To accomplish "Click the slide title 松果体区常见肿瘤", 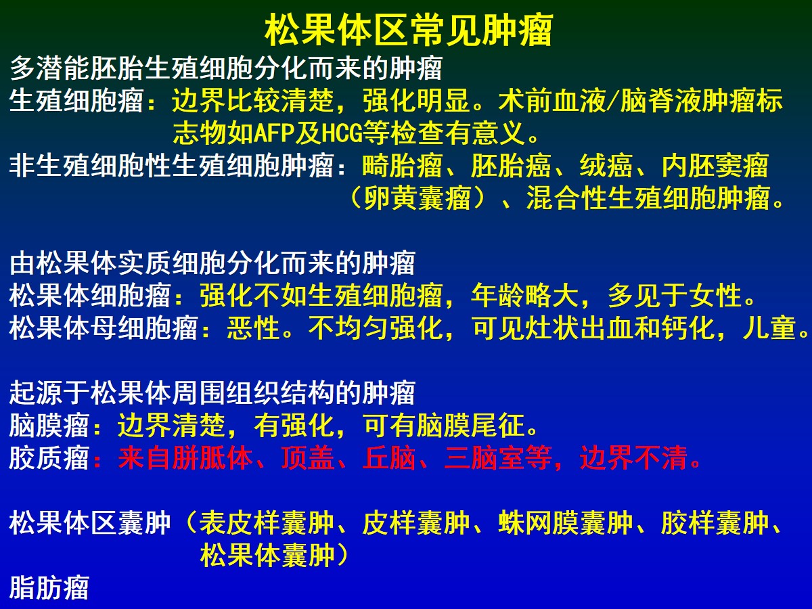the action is tap(409, 30).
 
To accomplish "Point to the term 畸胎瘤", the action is tap(402, 165).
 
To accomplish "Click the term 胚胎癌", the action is tap(511, 165).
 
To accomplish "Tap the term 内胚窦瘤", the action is tap(715, 165).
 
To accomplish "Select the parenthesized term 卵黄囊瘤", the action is tap(417, 198).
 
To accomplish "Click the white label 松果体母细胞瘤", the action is tap(104, 328).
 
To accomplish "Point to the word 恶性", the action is tap(253, 328).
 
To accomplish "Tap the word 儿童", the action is tap(769, 328).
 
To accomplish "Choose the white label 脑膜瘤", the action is tap(49, 426).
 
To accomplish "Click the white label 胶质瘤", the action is tap(49, 458).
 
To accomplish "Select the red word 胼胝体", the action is tap(212, 458).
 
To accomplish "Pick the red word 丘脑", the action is tap(389, 458).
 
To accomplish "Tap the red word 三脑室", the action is tap(484, 458).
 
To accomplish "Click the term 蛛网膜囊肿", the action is tap(565, 523).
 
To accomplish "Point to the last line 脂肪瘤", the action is tap(49, 588).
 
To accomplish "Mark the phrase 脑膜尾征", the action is tap(470, 426).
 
